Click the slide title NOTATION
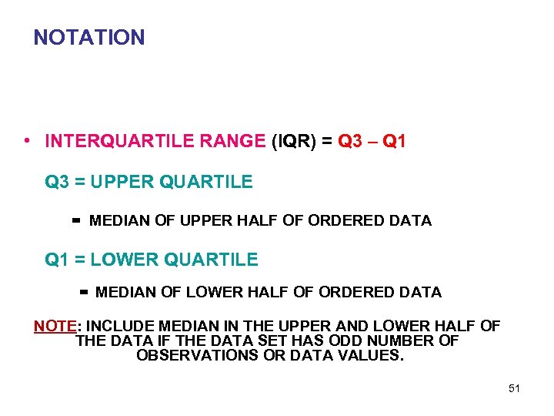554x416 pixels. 89,37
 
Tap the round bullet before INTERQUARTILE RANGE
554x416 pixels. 27,141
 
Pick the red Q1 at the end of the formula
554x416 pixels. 394,142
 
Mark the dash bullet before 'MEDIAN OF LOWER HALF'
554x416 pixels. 84,293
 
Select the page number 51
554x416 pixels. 514,388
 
